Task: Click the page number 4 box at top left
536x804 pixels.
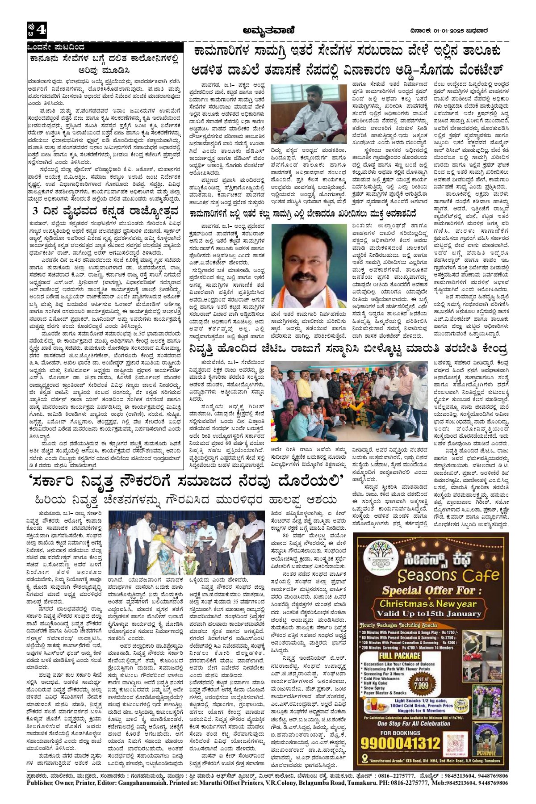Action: click(36, 31)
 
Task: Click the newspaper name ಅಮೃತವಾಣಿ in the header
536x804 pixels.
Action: click(268, 30)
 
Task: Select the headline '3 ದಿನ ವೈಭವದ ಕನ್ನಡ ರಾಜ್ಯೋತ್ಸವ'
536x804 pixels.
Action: click(105, 211)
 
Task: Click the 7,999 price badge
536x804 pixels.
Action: click(422, 684)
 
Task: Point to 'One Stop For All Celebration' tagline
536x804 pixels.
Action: click(407, 723)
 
